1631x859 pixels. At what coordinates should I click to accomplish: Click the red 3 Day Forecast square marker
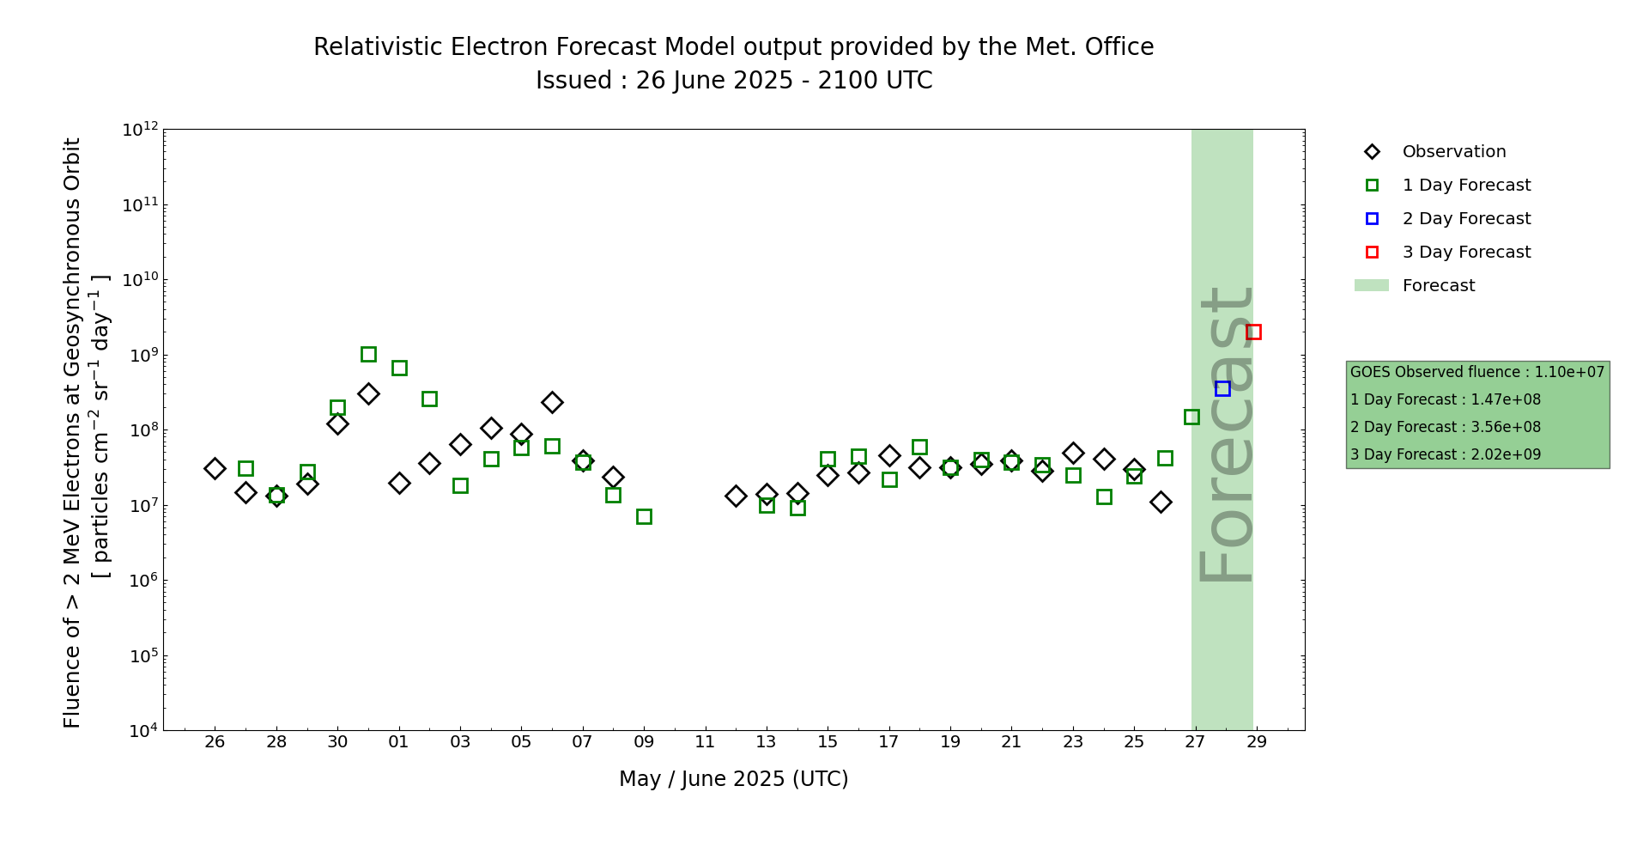(x=1253, y=332)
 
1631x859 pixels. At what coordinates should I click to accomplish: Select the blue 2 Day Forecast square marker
(x=1222, y=388)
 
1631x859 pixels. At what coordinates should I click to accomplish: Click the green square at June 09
(x=644, y=516)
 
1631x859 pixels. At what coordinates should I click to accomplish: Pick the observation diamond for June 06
(x=552, y=402)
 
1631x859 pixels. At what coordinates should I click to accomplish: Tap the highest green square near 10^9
(x=368, y=354)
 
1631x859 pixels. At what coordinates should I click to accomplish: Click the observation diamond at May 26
(x=215, y=468)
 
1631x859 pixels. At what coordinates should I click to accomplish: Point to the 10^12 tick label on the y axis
(x=140, y=130)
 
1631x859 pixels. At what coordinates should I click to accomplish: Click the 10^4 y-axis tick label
(x=140, y=731)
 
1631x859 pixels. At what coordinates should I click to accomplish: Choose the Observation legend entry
(x=1453, y=152)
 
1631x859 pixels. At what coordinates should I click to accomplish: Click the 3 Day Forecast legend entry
(x=1466, y=253)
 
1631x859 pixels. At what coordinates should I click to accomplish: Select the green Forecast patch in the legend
(x=1371, y=285)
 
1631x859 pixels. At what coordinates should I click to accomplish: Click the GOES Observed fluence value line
(x=1476, y=372)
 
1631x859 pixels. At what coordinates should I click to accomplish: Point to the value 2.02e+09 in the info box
(x=1506, y=454)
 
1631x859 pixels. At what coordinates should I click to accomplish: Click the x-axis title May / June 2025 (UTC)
(x=733, y=779)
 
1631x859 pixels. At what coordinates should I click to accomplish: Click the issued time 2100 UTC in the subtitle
(x=875, y=81)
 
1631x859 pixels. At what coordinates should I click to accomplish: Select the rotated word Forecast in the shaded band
(x=1226, y=434)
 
